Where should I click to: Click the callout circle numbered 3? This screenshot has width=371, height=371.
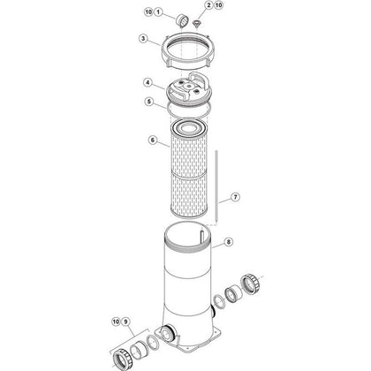(x=143, y=39)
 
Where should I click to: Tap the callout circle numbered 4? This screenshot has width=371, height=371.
(x=148, y=83)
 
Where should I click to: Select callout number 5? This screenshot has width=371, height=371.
(x=149, y=102)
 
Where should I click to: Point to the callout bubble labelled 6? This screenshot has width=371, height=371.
(x=152, y=140)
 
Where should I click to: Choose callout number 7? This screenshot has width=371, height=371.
(x=235, y=197)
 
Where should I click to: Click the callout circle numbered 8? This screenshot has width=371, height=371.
(x=228, y=242)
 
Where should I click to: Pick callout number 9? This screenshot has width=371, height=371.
(x=125, y=322)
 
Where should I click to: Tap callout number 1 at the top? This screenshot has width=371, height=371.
(x=158, y=12)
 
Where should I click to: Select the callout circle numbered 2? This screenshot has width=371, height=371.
(x=208, y=5)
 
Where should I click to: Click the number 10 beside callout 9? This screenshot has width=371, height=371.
(x=116, y=322)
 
